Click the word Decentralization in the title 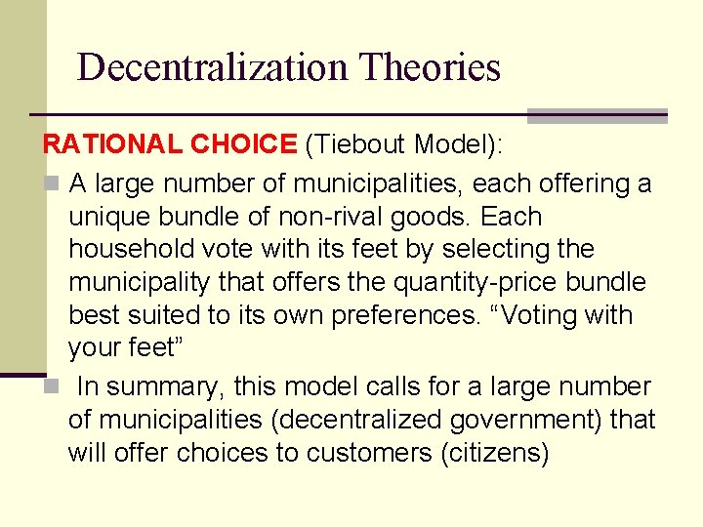coord(212,67)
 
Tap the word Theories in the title coord(430,67)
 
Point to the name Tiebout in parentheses coord(357,145)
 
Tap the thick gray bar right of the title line coord(597,115)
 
